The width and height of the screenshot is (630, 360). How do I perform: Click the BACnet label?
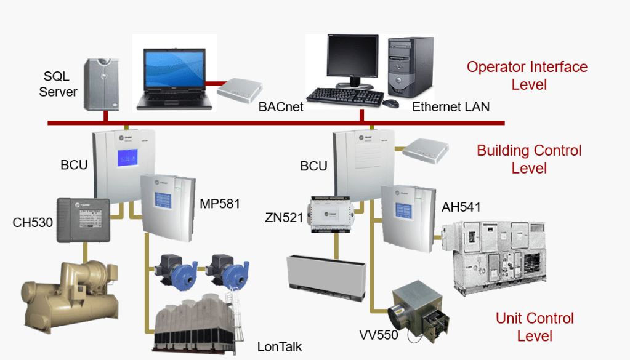point(280,107)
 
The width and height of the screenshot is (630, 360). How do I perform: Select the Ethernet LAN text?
point(451,107)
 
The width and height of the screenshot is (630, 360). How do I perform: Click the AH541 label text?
point(461,207)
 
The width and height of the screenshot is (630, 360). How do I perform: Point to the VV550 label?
point(379,335)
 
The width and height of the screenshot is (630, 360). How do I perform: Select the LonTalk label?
point(280,346)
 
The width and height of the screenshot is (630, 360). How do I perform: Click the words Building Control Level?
point(529,159)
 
